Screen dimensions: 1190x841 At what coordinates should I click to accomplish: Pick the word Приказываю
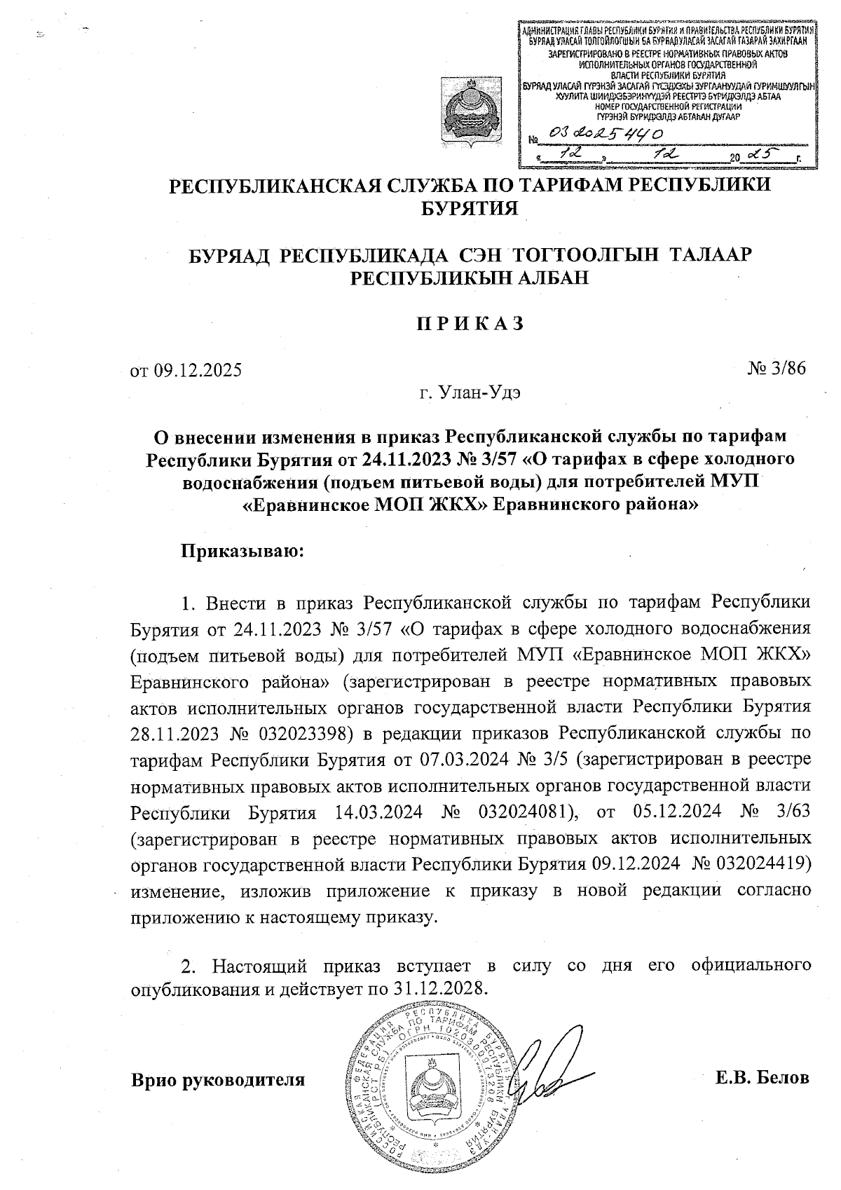pos(242,551)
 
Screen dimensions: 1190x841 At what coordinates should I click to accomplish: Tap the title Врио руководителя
pos(219,1079)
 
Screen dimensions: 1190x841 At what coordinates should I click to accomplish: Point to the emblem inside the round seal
pos(428,1087)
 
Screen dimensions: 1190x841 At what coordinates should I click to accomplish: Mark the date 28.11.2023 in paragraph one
pos(175,733)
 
